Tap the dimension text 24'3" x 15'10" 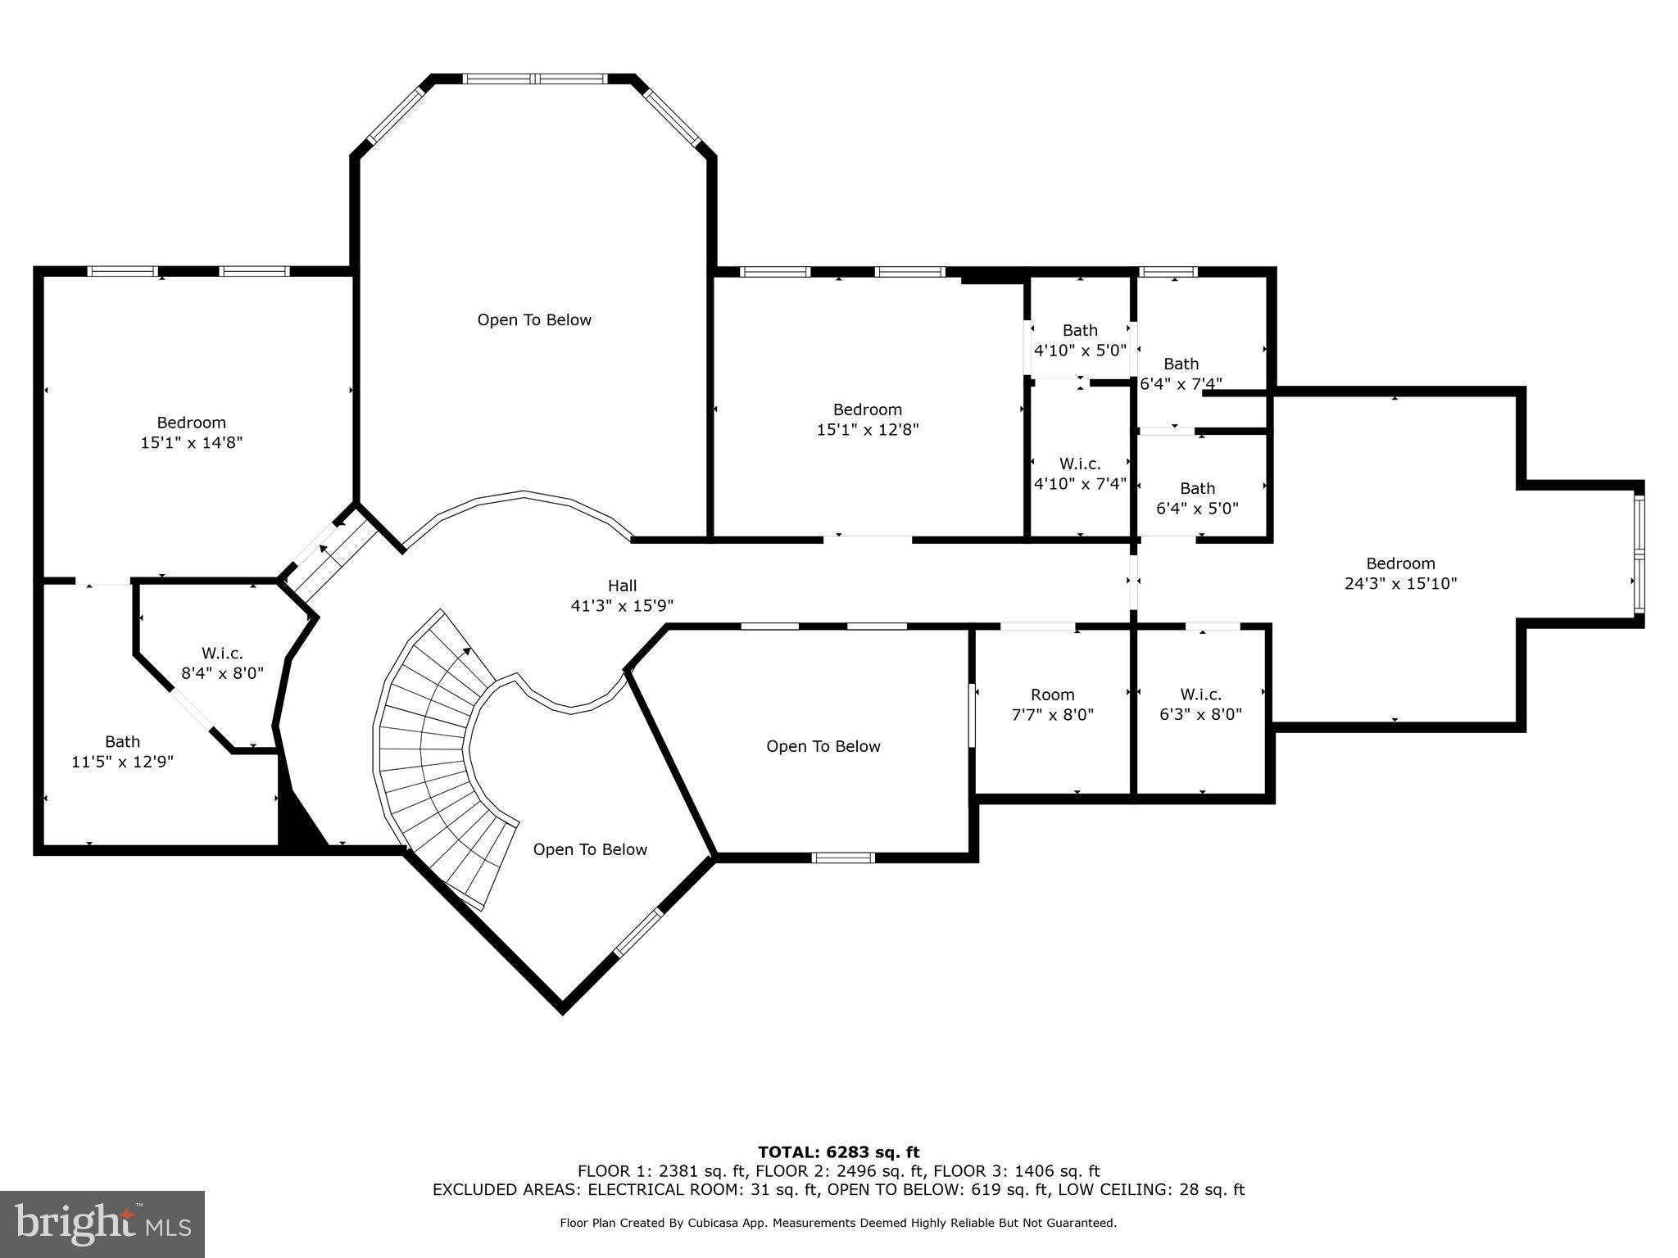(1400, 584)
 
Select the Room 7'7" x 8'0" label (1053, 704)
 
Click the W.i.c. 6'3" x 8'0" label (1200, 704)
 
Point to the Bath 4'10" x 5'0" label (1080, 340)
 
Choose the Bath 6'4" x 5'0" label (1197, 498)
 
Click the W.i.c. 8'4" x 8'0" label (222, 663)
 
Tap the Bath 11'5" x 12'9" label (122, 752)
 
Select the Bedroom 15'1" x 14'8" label (191, 432)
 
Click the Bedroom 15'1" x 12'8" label (868, 419)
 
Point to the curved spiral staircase (434, 753)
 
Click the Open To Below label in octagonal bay (534, 320)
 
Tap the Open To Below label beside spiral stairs (590, 850)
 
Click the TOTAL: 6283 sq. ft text (838, 1152)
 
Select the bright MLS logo (102, 1224)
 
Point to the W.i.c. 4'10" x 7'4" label (1080, 473)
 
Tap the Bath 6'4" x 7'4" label (1181, 373)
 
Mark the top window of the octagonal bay (534, 79)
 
